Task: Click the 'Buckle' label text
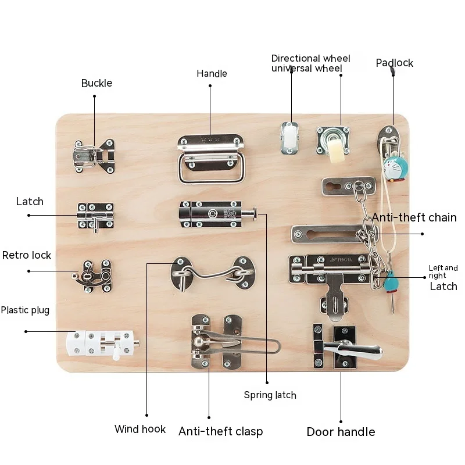pos(96,83)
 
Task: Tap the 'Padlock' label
pos(394,63)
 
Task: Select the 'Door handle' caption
pos(341,432)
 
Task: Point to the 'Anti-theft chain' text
pos(414,217)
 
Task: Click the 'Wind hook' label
pos(139,430)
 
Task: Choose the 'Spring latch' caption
pos(270,395)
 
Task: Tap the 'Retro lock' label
pos(27,255)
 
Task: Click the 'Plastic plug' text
pos(25,310)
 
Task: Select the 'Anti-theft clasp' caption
pos(220,431)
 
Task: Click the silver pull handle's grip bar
pos(210,177)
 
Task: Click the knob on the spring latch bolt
pos(254,217)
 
